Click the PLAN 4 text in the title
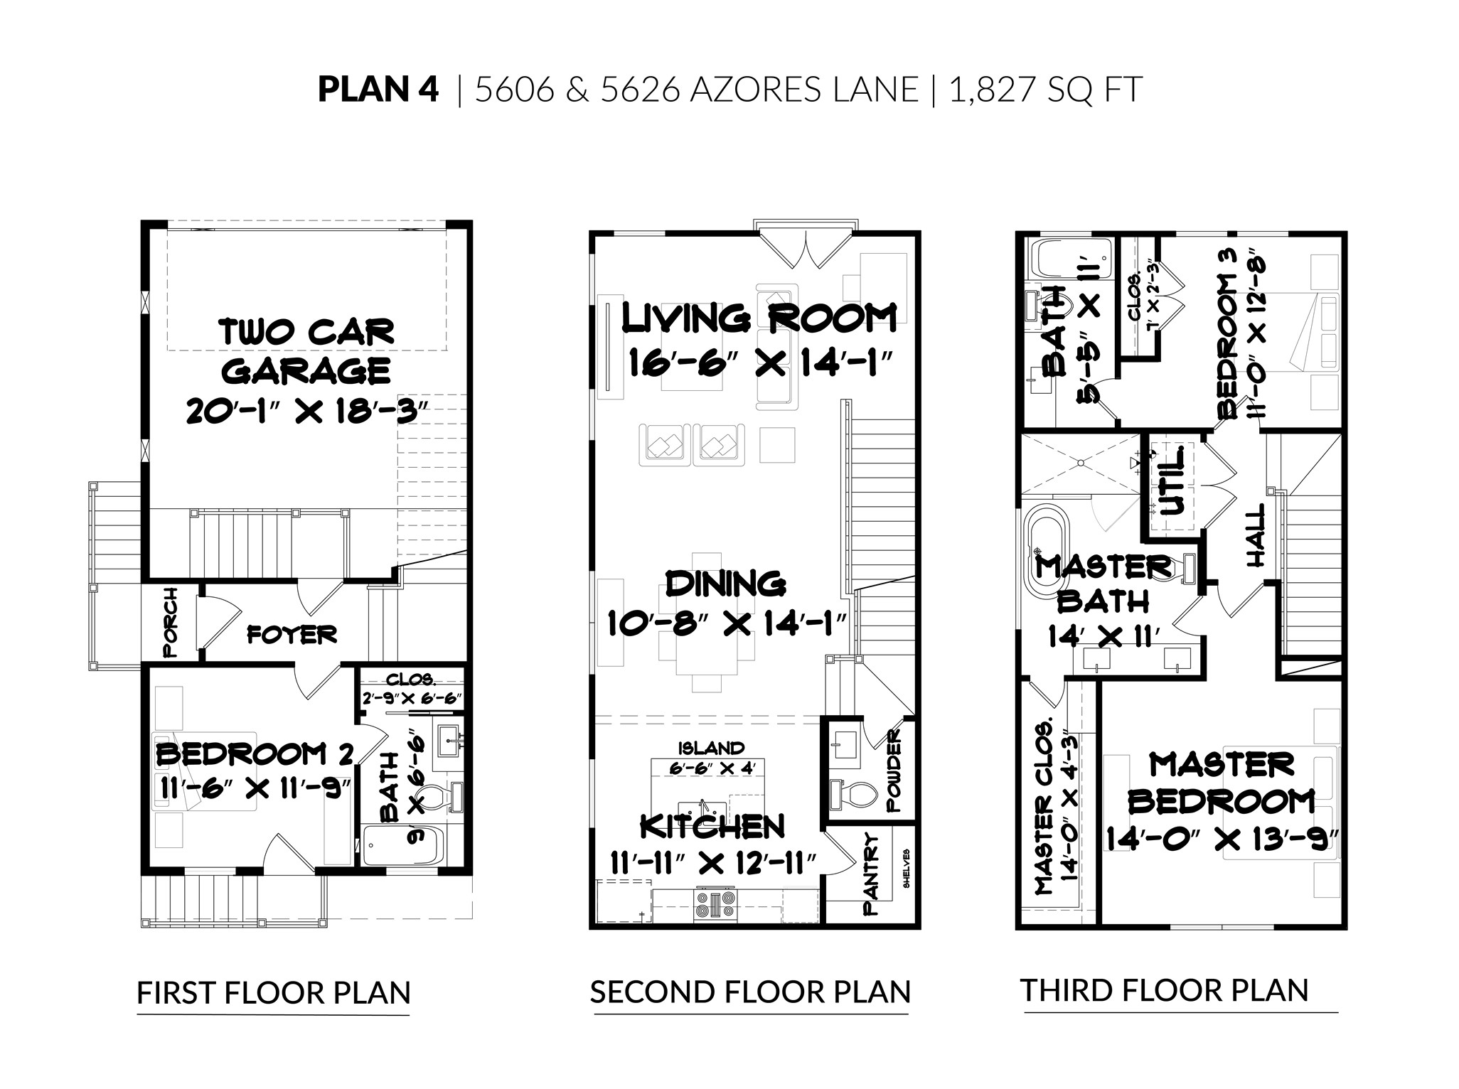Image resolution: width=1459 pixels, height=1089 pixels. (378, 90)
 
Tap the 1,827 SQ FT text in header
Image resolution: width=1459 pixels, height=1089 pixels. (1044, 90)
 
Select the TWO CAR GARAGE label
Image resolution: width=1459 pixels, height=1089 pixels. (307, 351)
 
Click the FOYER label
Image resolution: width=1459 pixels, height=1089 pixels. (292, 634)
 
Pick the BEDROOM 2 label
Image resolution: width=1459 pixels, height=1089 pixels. (254, 753)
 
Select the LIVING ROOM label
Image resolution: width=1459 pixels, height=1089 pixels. (759, 318)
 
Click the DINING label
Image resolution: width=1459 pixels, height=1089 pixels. (725, 584)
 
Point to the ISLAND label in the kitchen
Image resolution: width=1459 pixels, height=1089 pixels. (710, 748)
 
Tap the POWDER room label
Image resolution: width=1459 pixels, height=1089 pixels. (893, 770)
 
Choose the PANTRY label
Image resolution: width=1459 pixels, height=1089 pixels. (872, 874)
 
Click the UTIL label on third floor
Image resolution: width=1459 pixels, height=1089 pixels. (1172, 480)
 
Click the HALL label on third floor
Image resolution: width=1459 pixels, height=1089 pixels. (1256, 545)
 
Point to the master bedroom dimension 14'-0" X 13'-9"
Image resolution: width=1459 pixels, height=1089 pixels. (1222, 839)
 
